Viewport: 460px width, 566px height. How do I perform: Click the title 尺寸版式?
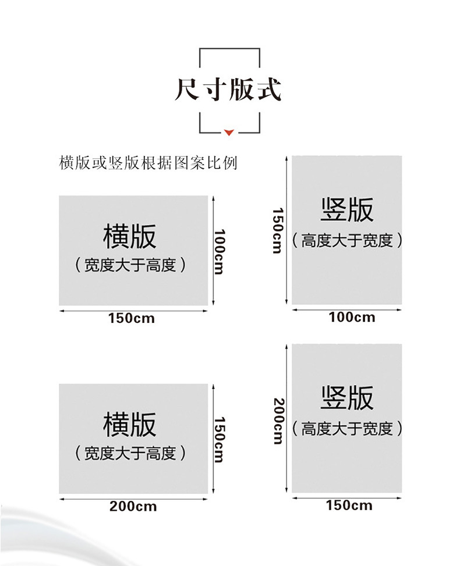click(x=228, y=90)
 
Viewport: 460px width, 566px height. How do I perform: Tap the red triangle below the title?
click(x=229, y=132)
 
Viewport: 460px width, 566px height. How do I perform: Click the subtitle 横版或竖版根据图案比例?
click(x=148, y=163)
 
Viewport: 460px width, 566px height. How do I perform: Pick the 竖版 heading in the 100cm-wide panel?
click(x=346, y=209)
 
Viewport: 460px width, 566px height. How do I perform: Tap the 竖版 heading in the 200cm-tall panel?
click(x=346, y=398)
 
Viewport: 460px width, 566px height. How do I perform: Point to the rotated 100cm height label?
click(x=219, y=251)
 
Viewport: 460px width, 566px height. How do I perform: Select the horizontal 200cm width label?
click(x=133, y=506)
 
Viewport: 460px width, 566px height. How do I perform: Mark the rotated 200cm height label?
click(x=278, y=421)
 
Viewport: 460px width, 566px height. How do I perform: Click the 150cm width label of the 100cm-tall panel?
click(x=132, y=318)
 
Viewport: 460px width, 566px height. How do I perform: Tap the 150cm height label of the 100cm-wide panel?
click(x=278, y=230)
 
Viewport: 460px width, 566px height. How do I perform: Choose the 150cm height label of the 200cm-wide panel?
click(x=219, y=439)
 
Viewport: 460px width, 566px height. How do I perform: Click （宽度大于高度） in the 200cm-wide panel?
click(x=130, y=453)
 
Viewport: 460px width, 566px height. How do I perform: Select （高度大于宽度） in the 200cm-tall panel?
click(x=346, y=429)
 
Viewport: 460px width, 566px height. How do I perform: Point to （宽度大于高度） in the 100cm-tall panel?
click(x=130, y=265)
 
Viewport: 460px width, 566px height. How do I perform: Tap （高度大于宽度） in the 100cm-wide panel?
click(x=346, y=240)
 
